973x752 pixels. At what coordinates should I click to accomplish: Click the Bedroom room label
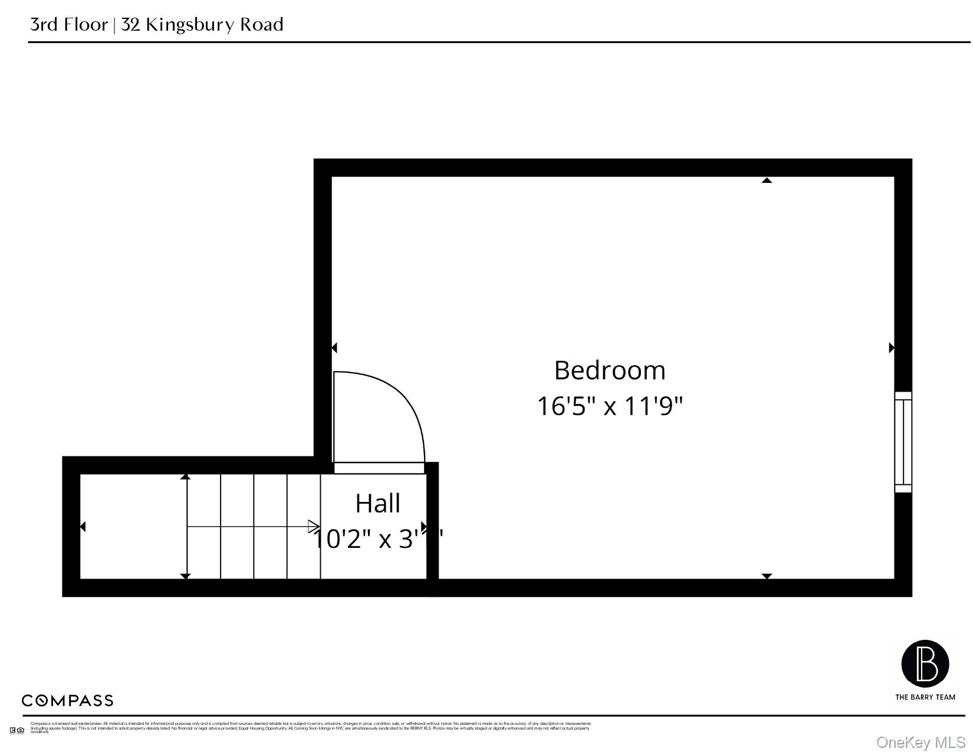[610, 370]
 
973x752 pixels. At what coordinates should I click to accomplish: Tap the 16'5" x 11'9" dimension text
[610, 406]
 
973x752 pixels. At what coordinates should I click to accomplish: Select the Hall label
[377, 504]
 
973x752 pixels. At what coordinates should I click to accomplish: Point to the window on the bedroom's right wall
[903, 442]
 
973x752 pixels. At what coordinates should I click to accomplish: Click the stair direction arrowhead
[314, 527]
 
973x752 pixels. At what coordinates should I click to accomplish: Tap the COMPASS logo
[67, 701]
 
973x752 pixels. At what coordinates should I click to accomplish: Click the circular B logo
[925, 664]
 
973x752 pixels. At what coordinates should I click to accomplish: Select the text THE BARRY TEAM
[925, 697]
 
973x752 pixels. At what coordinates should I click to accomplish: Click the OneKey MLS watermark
[921, 742]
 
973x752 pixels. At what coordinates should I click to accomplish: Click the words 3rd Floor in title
[69, 25]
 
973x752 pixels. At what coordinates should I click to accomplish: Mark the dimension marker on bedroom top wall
[767, 180]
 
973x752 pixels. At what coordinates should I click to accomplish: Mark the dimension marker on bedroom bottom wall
[767, 576]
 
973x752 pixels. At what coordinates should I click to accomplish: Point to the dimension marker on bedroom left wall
[334, 348]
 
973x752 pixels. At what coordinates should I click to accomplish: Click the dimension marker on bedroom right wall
[892, 348]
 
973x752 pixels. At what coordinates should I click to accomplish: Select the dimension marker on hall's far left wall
[83, 527]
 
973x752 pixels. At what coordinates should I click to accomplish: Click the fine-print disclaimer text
[310, 727]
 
